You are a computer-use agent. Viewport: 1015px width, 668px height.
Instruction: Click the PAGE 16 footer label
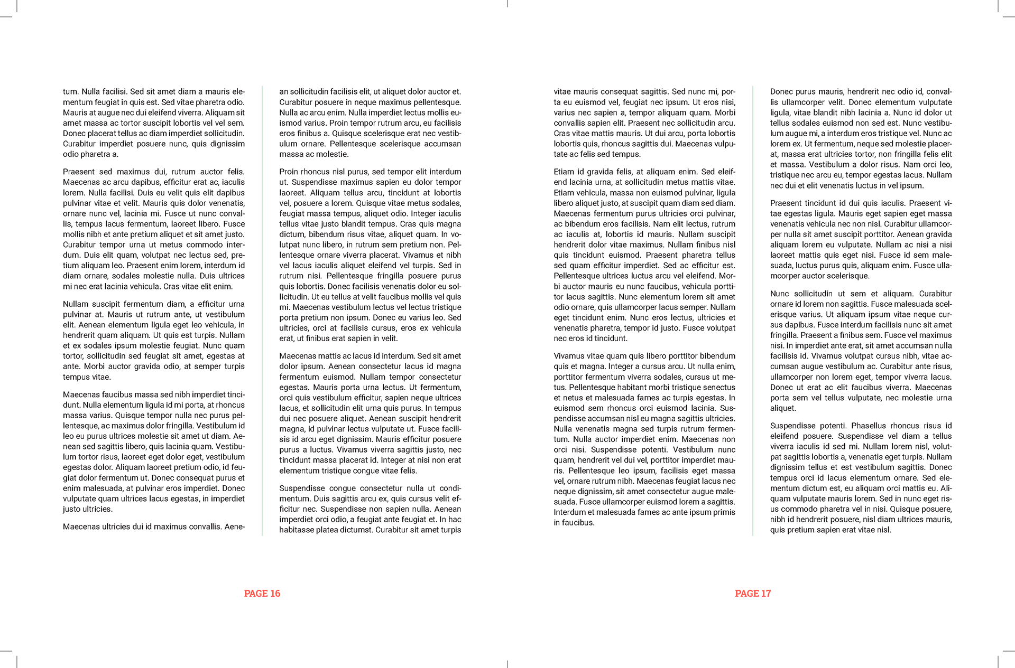262,594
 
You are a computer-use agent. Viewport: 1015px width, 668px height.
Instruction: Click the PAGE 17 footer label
753,594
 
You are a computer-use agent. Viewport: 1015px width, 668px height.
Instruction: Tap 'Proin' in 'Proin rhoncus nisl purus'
289,172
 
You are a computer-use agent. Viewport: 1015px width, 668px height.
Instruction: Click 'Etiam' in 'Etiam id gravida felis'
564,172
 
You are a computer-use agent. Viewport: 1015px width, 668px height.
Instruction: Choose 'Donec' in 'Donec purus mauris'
781,91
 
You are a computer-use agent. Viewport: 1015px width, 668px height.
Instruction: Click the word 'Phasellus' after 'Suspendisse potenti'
869,426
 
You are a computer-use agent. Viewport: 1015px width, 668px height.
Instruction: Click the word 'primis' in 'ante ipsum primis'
723,512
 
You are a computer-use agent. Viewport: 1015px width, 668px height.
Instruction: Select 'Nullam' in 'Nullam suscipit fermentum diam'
76,304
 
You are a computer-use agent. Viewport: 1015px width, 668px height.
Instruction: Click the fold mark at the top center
508,4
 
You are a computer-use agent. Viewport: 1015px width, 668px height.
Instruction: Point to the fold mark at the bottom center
508,664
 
